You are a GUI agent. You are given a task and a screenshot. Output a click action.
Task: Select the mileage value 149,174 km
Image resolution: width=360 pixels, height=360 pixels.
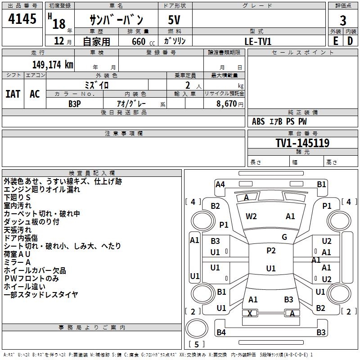pos(53,64)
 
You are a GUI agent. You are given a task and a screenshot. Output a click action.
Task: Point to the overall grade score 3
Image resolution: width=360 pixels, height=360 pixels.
pos(343,20)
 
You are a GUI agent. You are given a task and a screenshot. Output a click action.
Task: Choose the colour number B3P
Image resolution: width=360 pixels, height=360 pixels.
pos(75,103)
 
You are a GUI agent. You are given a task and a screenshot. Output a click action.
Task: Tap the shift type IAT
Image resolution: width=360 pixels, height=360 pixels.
pos(13,94)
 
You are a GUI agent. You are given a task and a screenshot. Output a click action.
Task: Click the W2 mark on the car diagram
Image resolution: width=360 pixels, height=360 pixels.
pos(251,216)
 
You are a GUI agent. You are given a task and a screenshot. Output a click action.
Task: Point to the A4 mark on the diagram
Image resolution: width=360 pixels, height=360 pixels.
pos(220,184)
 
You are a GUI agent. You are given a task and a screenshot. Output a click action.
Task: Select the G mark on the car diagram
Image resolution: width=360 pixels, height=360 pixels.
pos(284,237)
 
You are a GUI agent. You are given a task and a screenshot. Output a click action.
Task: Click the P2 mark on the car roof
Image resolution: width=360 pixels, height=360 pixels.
pos(271,251)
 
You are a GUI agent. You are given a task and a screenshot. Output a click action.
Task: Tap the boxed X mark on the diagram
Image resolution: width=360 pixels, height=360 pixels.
pos(250,313)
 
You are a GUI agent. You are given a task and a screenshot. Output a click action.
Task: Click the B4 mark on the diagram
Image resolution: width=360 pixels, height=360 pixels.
pos(221,333)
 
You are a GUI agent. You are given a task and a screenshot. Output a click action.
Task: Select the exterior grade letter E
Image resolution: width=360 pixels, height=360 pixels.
pos(335,40)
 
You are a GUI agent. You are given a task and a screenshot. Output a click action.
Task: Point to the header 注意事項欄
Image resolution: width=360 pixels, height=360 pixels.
pos(124,133)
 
